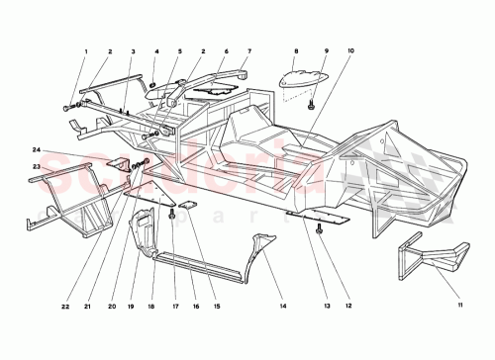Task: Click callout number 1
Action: coord(86,50)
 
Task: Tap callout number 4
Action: coord(156,50)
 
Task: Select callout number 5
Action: coord(180,50)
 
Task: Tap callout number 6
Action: coord(226,50)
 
